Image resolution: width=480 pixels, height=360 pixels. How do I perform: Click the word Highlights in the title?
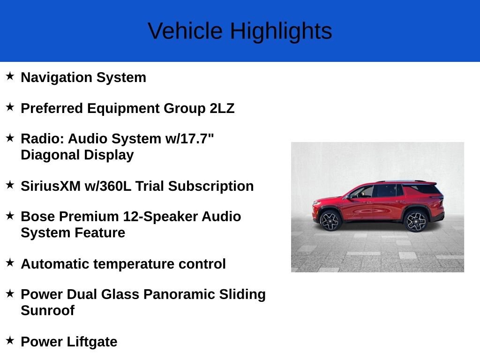(281, 31)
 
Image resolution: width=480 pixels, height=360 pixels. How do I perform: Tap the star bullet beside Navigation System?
(10, 76)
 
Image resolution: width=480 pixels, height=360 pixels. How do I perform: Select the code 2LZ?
(222, 108)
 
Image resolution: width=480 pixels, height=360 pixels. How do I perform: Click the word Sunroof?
(47, 310)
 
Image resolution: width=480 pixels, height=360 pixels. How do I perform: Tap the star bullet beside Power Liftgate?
(10, 340)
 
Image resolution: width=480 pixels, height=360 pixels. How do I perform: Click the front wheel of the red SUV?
(331, 220)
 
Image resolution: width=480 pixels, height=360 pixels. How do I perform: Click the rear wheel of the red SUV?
(415, 221)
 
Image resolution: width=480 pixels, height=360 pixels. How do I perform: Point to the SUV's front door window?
(363, 192)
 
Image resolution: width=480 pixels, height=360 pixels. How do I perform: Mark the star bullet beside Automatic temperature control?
(10, 262)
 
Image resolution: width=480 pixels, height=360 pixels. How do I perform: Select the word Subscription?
(211, 186)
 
